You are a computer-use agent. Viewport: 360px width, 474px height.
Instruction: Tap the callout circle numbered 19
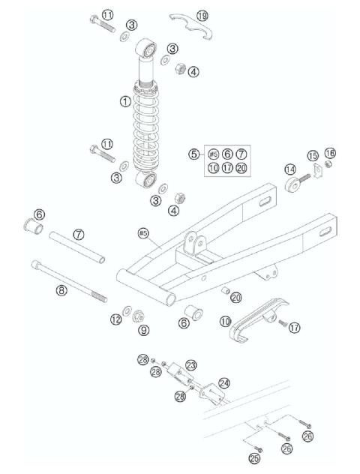(202, 16)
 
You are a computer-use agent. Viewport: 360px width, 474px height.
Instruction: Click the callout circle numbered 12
(115, 319)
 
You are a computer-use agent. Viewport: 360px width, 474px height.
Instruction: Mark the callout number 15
(314, 155)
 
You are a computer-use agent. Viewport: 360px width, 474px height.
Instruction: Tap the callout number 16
(330, 153)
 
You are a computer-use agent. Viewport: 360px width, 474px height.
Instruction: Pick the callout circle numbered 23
(190, 365)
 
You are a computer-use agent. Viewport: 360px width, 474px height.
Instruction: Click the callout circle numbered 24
(223, 383)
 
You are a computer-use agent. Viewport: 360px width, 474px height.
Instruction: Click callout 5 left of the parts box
(193, 154)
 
